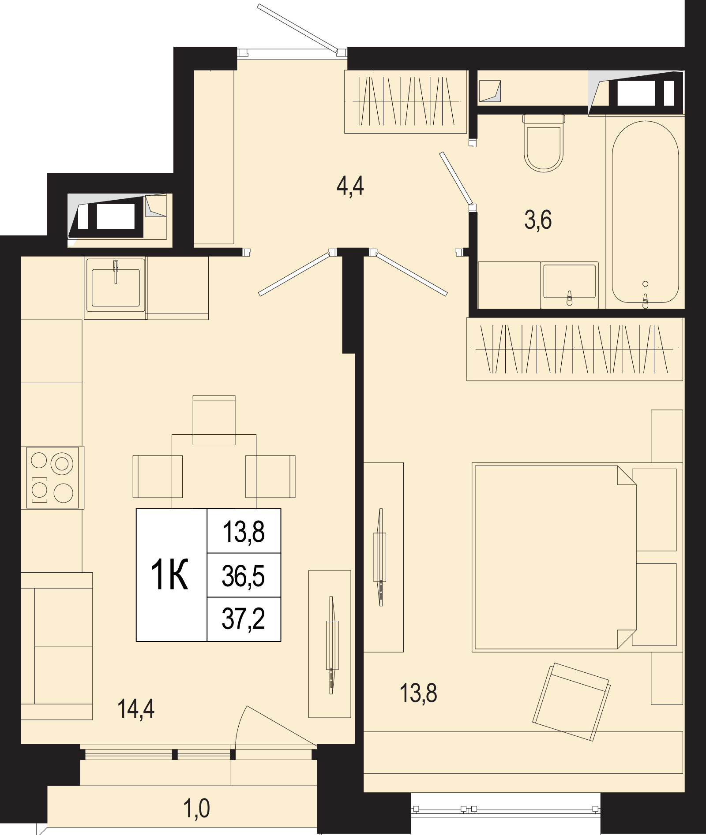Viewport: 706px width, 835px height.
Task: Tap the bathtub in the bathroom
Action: coord(645,212)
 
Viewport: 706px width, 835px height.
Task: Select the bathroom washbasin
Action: coord(570,285)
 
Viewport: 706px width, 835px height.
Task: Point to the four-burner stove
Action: coord(53,477)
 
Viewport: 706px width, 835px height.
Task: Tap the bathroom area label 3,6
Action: coord(538,220)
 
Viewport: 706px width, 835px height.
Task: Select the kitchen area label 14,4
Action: coord(136,709)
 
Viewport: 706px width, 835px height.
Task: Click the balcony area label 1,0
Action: coord(197,809)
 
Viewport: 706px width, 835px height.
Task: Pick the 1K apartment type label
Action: coord(170,574)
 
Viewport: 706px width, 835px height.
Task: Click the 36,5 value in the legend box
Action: coord(244,576)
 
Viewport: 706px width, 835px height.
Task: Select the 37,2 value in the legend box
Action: coord(244,619)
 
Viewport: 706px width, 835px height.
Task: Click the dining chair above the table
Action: coord(214,420)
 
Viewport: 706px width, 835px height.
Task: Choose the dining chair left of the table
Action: coord(158,477)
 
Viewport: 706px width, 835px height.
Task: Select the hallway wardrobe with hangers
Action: coord(406,101)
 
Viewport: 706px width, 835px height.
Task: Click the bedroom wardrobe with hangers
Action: coord(575,349)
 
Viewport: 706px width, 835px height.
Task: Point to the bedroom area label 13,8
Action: coord(418,693)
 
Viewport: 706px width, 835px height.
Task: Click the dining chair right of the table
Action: coord(270,477)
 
